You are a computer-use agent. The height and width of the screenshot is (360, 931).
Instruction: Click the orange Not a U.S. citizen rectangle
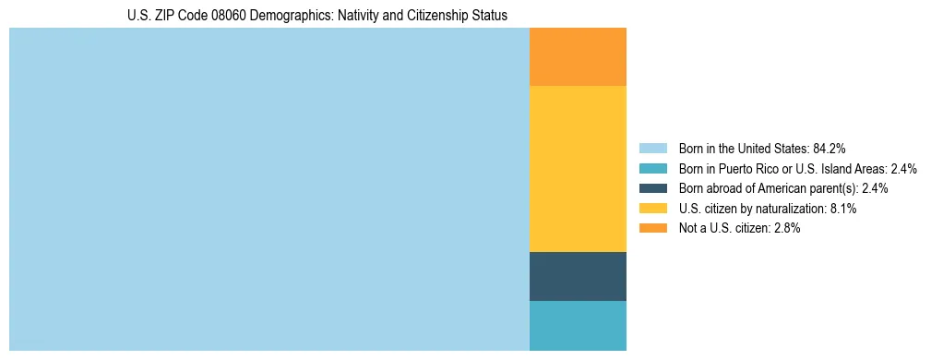578,57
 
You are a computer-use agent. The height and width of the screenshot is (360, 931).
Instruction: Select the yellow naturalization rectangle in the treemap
578,168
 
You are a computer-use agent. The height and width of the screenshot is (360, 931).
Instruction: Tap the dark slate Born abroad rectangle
578,276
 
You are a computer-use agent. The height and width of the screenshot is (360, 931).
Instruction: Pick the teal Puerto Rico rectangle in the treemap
578,326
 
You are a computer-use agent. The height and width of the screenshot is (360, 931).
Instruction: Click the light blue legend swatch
653,148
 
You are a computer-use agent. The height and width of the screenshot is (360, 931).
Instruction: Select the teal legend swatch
653,168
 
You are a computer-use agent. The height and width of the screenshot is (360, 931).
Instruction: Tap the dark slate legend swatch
653,188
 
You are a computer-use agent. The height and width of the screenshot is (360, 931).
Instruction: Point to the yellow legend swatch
653,209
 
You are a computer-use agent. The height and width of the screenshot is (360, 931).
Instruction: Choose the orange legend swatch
653,228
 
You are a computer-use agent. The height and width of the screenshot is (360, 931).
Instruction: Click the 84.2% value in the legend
830,148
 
